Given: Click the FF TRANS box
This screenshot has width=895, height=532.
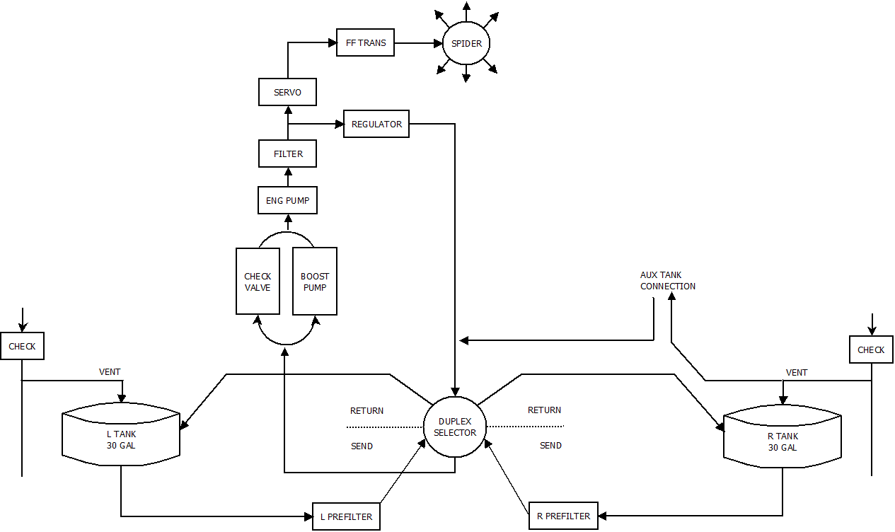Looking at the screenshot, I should (x=365, y=42).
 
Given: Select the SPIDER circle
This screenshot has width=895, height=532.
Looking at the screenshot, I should (x=466, y=43).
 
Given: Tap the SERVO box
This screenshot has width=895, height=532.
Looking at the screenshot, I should (x=287, y=92).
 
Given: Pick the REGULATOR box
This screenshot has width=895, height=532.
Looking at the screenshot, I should (x=376, y=124).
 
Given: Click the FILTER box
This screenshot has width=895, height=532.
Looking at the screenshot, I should (x=287, y=154).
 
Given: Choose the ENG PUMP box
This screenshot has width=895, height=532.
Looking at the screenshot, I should (x=287, y=200).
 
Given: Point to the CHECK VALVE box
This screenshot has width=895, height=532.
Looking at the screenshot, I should (x=257, y=281).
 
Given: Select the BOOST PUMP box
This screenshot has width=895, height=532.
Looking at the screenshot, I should (x=314, y=281).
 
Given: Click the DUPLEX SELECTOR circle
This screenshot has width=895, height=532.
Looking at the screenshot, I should (x=454, y=427).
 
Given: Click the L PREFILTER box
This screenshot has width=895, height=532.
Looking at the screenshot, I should (x=346, y=516).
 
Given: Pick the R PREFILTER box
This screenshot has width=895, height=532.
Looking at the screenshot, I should (x=563, y=516).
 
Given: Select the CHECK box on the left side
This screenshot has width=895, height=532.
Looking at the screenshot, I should (x=21, y=347).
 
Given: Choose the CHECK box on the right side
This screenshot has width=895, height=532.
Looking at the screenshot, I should (x=871, y=349).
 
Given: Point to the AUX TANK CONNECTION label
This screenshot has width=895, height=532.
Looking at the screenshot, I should (x=667, y=281).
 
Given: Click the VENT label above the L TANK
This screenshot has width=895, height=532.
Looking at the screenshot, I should (x=110, y=371).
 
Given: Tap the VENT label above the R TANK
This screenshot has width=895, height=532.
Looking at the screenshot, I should (x=797, y=372).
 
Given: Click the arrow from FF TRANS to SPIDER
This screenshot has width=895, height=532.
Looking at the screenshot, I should (x=418, y=43).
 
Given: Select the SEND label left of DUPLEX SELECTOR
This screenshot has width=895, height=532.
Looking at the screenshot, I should (x=362, y=446).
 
